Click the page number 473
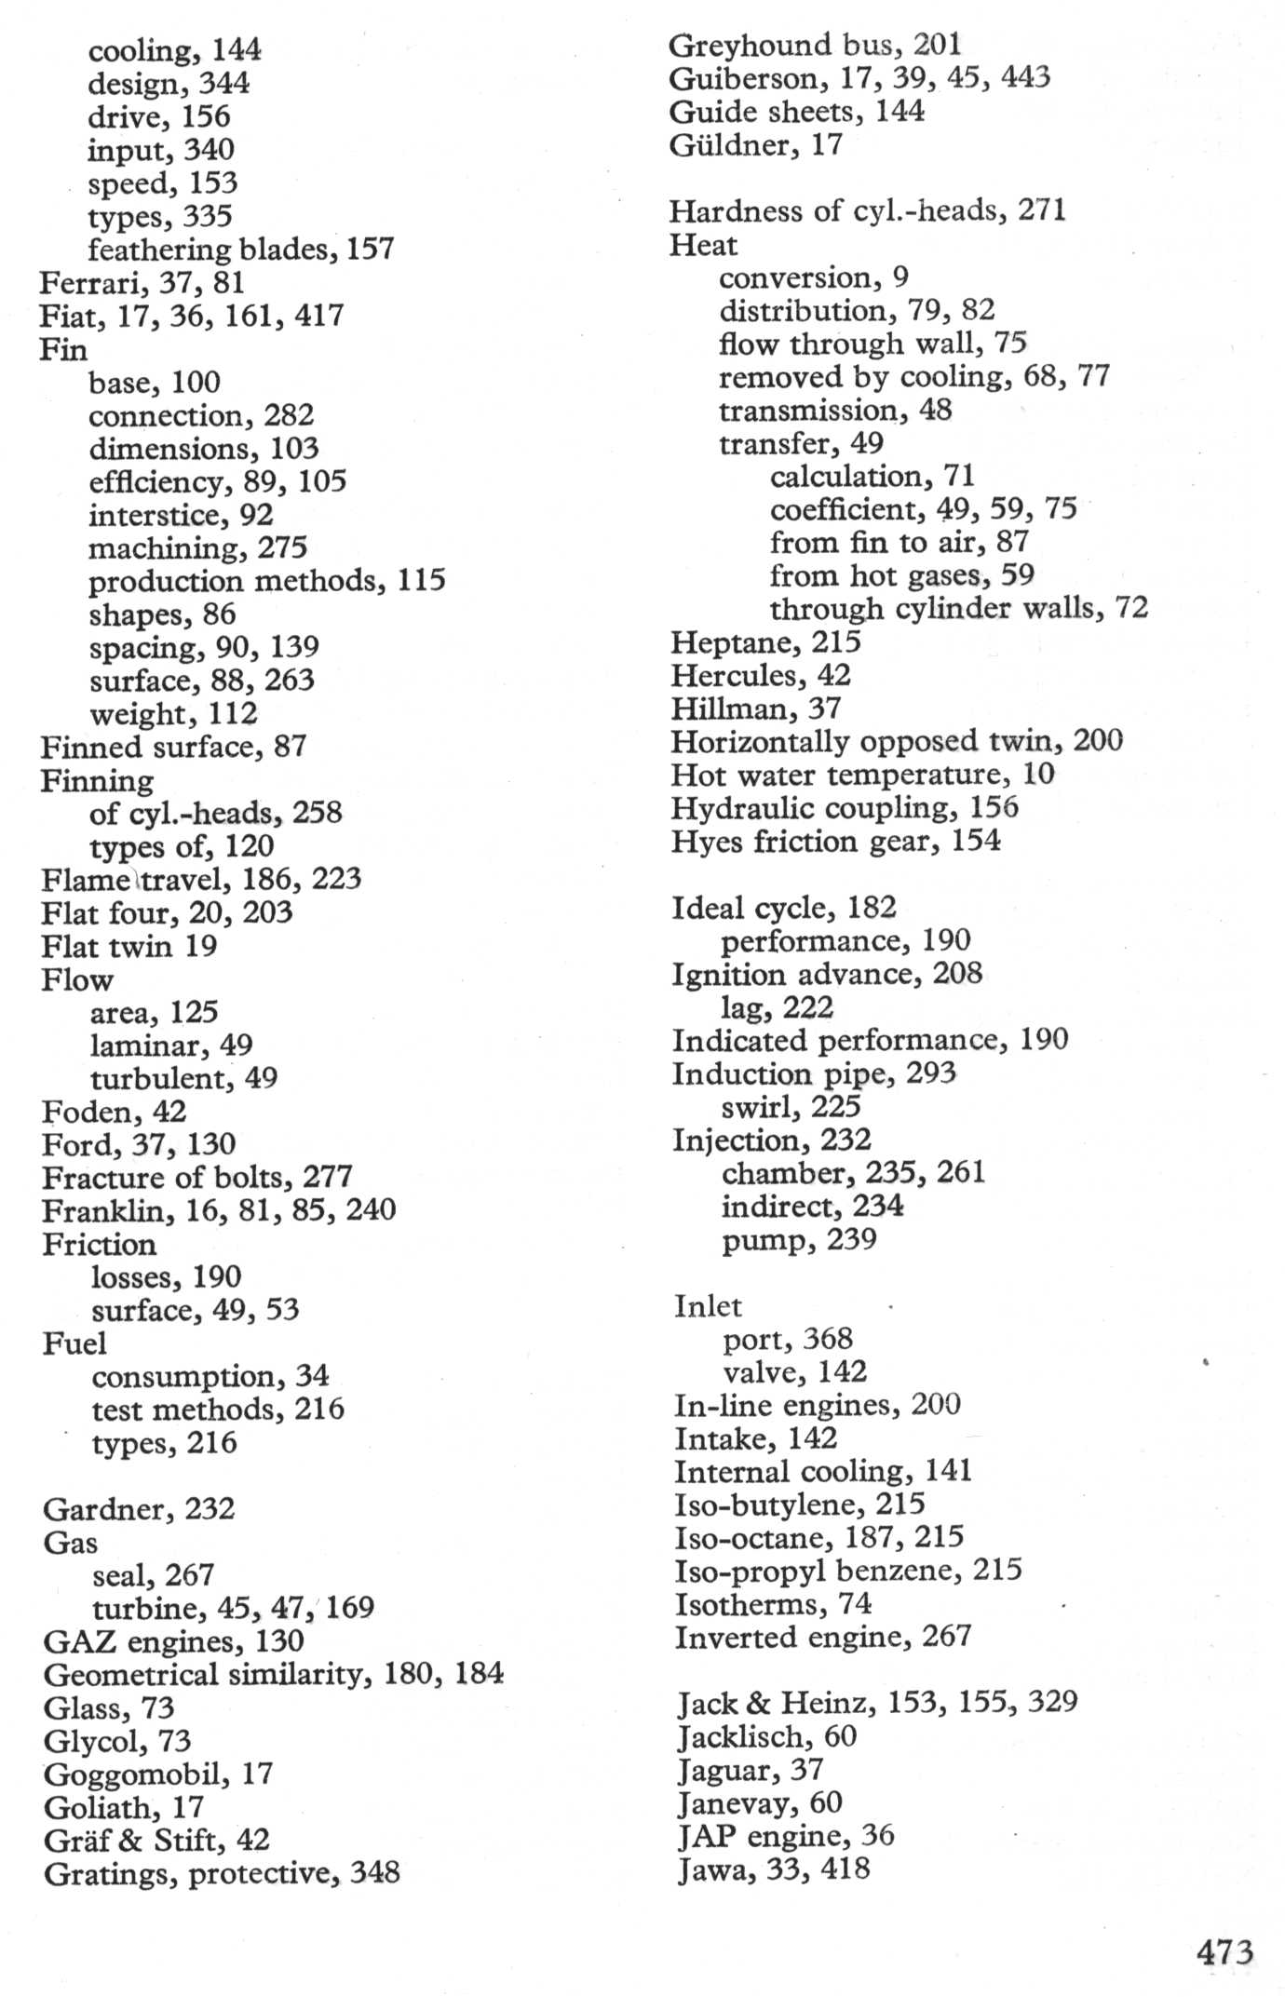point(1224,1950)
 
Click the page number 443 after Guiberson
point(1025,77)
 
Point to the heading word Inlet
point(708,1306)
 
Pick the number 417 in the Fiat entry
point(319,316)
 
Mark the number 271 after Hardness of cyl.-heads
point(1041,210)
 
